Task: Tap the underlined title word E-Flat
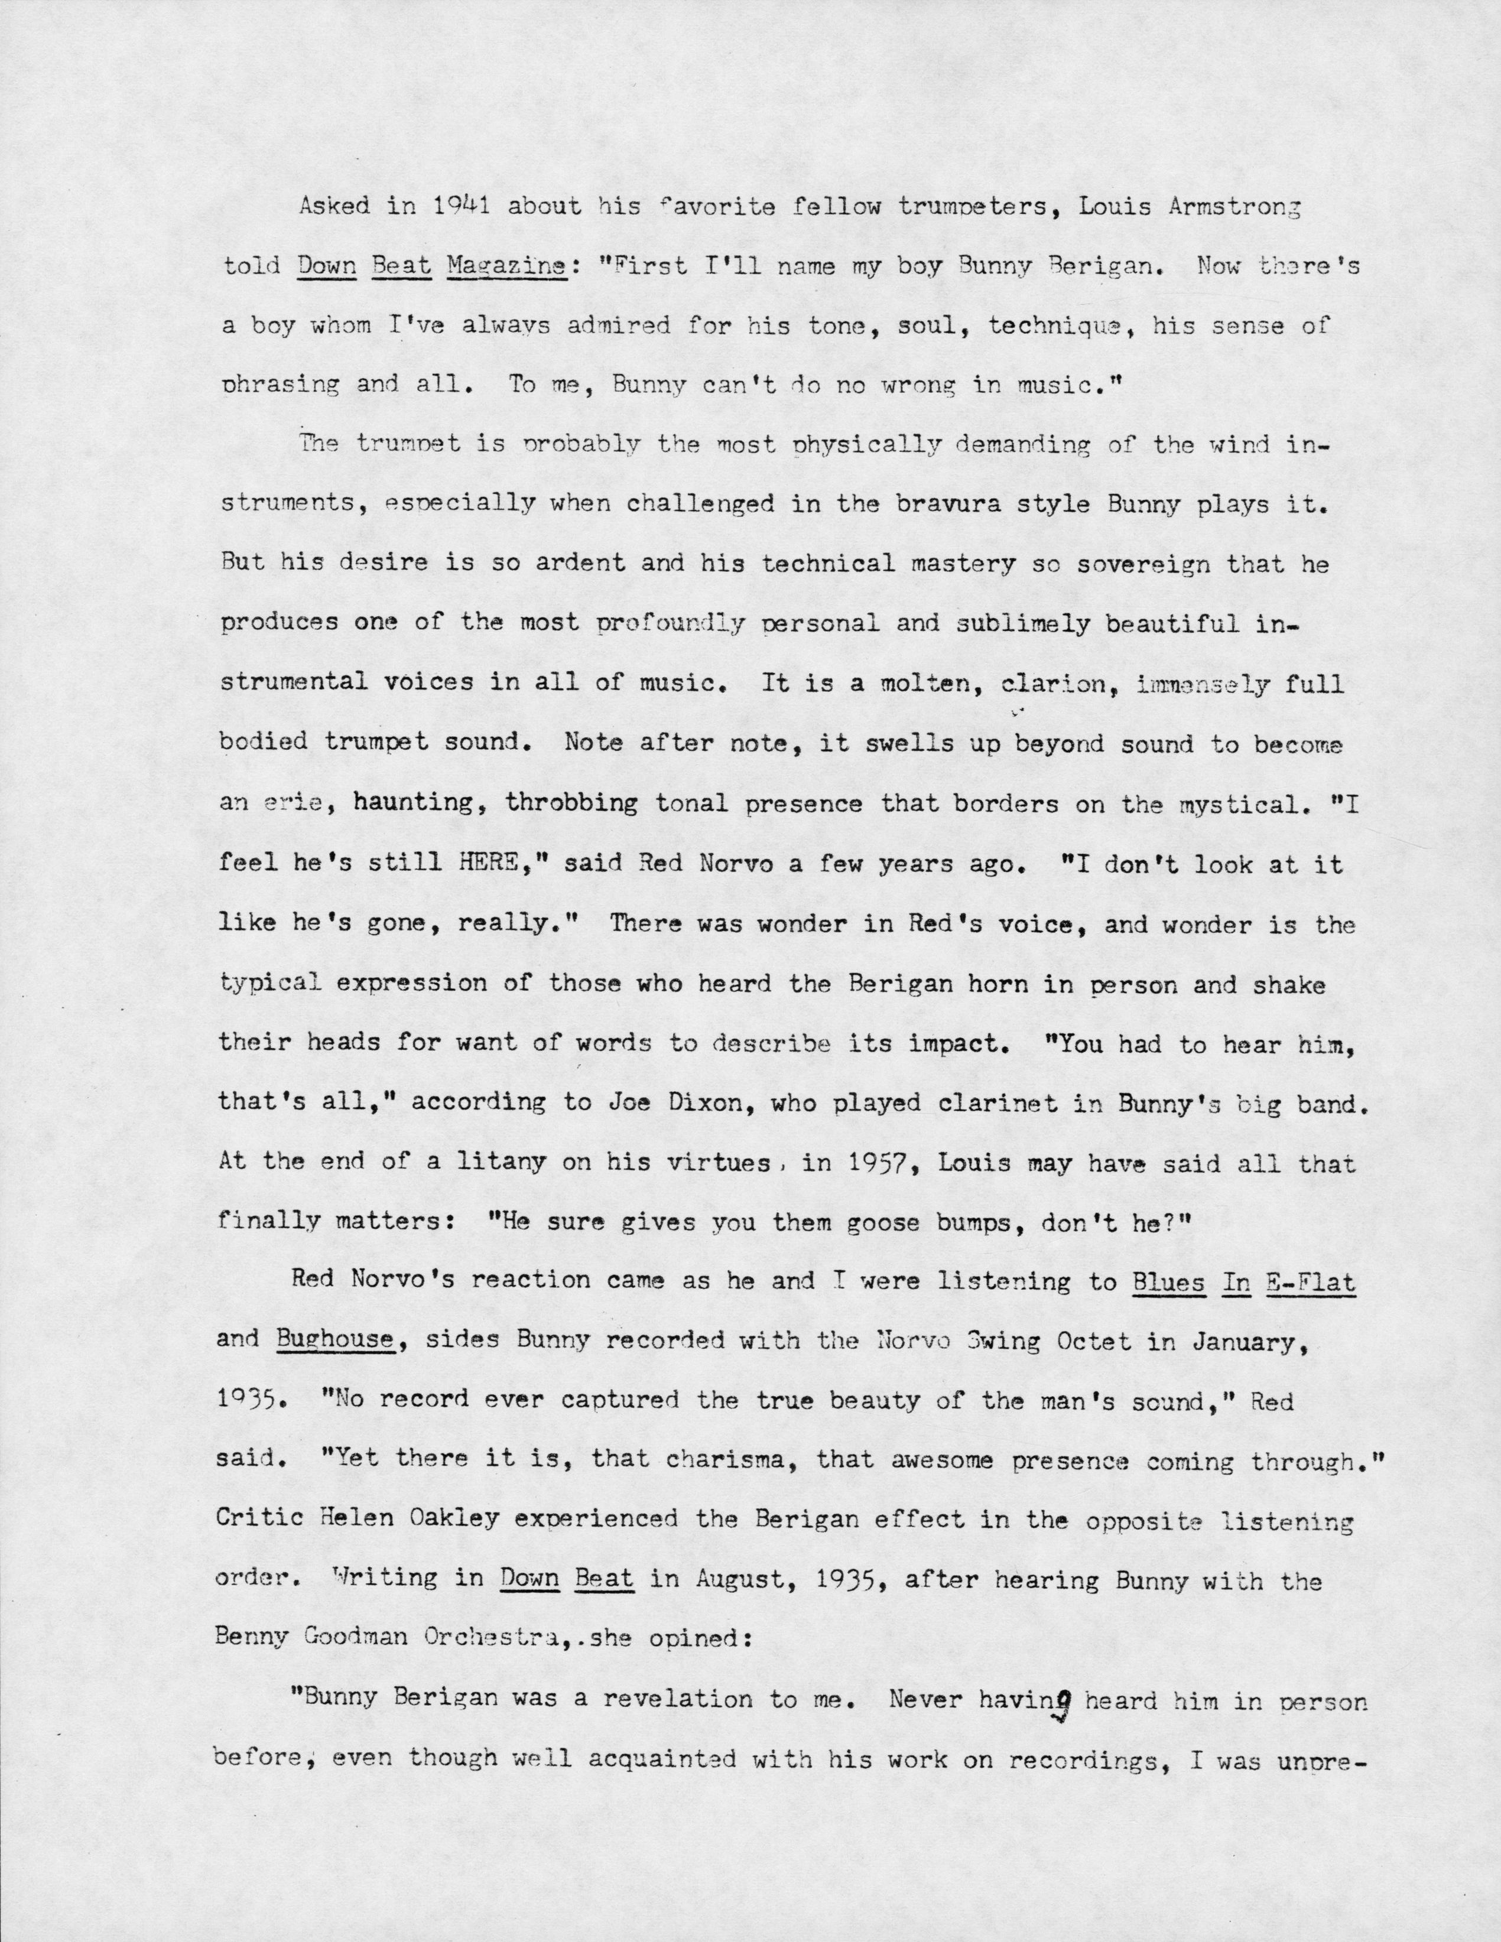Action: (x=1311, y=1281)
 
